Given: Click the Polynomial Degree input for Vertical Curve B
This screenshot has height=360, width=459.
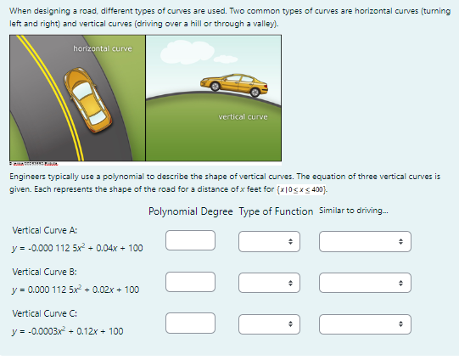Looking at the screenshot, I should pyautogui.click(x=189, y=281).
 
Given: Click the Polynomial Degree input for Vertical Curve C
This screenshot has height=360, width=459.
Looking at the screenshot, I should pyautogui.click(x=189, y=323).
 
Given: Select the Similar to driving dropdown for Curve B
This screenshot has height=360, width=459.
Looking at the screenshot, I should pyautogui.click(x=363, y=281).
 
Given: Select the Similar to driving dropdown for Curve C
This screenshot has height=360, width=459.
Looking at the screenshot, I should pyautogui.click(x=363, y=323).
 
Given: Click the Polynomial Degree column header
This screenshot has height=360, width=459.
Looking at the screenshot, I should pyautogui.click(x=189, y=211).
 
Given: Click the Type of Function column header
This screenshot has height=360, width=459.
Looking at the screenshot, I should pyautogui.click(x=276, y=211).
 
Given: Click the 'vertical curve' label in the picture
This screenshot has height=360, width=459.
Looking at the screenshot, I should pyautogui.click(x=243, y=115).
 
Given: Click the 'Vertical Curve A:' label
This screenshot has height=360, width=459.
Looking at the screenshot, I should pyautogui.click(x=45, y=230).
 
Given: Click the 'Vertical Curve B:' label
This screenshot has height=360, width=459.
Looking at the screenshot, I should pyautogui.click(x=45, y=272).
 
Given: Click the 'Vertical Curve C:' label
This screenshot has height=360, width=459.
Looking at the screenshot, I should pyautogui.click(x=45, y=313).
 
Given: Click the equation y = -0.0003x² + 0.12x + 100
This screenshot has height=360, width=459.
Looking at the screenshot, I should pyautogui.click(x=68, y=331).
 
